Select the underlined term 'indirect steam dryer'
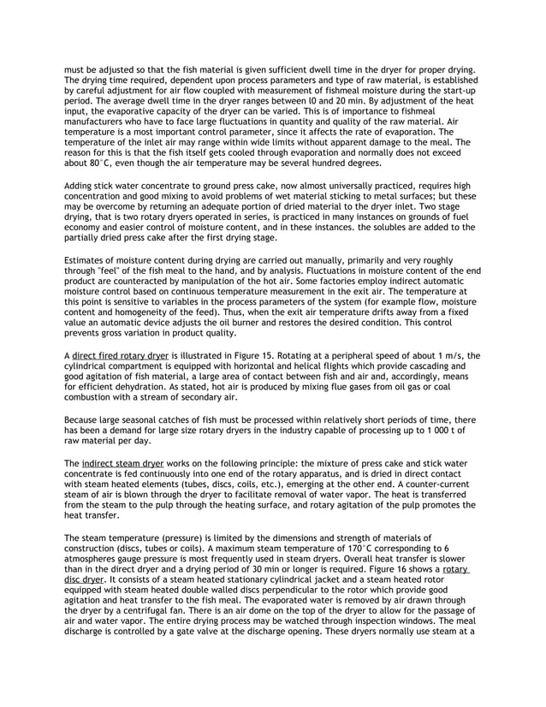tap(121, 462)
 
